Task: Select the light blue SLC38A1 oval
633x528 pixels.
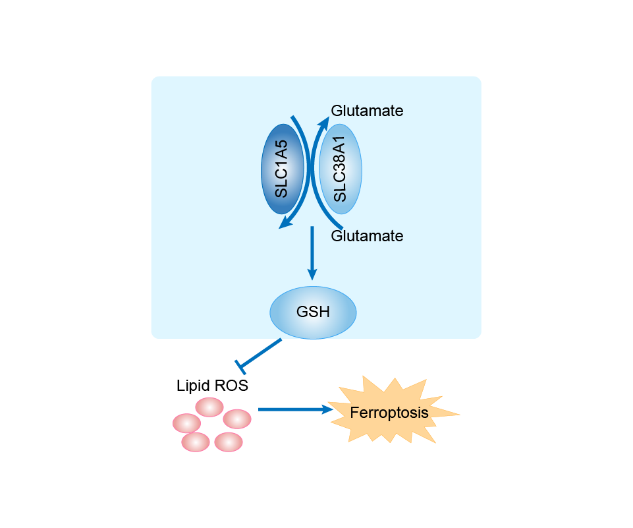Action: [340, 169]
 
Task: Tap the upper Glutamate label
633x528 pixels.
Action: [367, 111]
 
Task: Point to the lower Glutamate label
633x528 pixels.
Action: [367, 235]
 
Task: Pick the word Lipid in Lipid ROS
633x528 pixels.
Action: [192, 386]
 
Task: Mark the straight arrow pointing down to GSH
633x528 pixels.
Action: [313, 254]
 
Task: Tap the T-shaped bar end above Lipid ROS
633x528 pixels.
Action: [241, 365]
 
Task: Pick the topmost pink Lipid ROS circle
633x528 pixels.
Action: [209, 407]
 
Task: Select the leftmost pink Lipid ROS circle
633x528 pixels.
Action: [186, 423]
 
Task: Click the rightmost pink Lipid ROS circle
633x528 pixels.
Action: [237, 419]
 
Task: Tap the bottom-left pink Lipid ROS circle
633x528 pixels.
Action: [196, 442]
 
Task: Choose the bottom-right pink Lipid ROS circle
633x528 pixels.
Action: [229, 442]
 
